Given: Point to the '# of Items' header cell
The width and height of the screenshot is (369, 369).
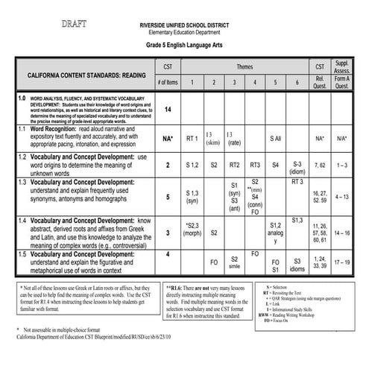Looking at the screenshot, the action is point(168,82).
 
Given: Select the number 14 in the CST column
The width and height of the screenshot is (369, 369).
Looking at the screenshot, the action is point(168,110).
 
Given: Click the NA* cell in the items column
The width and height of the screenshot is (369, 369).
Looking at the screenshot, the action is point(168,139).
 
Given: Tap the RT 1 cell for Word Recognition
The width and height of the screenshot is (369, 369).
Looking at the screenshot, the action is point(192,139).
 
